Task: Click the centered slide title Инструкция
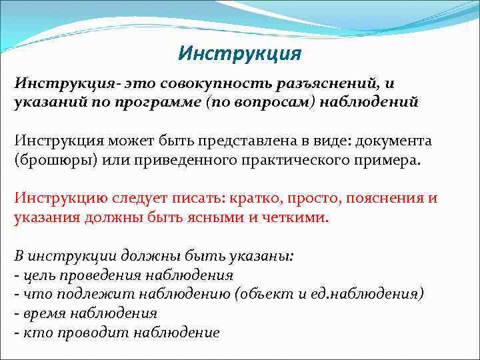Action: (x=240, y=52)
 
